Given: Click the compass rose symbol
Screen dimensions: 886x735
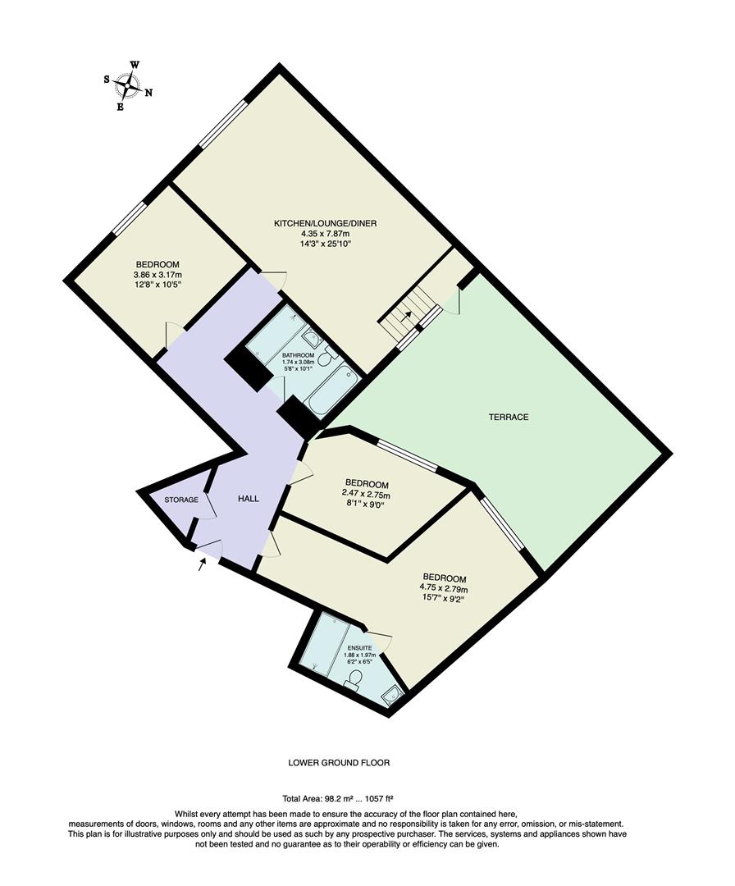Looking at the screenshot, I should (x=128, y=84).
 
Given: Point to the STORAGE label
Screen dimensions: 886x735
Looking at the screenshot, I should (x=181, y=500).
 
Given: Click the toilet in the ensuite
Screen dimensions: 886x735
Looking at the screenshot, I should (x=354, y=679).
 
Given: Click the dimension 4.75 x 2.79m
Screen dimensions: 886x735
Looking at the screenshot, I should (x=444, y=588).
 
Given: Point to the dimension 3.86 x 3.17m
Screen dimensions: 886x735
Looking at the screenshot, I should (x=157, y=275).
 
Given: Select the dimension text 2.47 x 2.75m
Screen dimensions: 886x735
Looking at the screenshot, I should (x=367, y=495).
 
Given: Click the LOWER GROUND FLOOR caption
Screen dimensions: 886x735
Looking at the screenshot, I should (x=339, y=762).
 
